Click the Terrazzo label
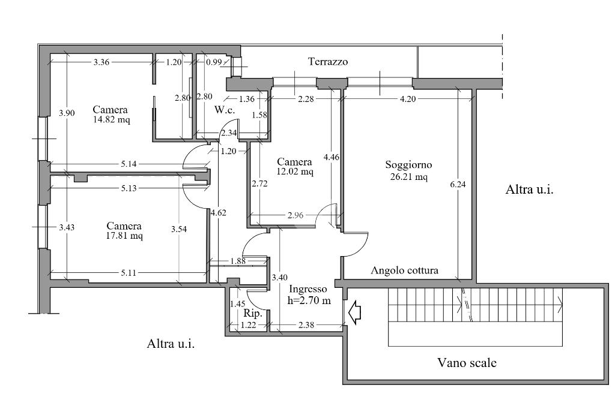click(328, 62)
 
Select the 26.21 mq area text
click(408, 177)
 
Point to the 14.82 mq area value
click(111, 119)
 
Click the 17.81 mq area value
click(124, 236)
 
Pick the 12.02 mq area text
click(295, 172)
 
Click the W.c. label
click(225, 110)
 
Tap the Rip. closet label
click(253, 314)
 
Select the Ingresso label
click(308, 290)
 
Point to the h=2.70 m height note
click(309, 300)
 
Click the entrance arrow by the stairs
click(354, 312)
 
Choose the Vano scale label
click(467, 363)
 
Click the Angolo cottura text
click(404, 270)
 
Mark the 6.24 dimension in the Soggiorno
click(458, 184)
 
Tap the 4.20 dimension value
click(408, 99)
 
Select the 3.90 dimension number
click(67, 113)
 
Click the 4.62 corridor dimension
click(218, 213)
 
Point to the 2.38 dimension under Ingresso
click(306, 325)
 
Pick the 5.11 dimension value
click(129, 273)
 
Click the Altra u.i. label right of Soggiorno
click(529, 190)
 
